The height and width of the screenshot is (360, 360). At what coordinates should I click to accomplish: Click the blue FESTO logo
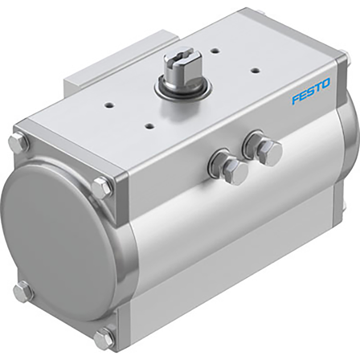[311, 91]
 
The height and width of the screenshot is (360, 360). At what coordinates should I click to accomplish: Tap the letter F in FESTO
[295, 98]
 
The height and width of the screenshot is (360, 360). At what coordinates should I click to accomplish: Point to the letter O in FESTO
[326, 83]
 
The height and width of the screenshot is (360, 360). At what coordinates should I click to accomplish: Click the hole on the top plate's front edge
[149, 125]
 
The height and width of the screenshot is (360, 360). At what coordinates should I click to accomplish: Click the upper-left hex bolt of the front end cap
[19, 141]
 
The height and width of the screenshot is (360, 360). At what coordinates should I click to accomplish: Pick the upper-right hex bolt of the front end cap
[103, 188]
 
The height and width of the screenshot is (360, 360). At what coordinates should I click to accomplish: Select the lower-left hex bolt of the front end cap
[23, 292]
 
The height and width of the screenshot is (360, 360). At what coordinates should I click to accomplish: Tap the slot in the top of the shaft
[182, 53]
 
